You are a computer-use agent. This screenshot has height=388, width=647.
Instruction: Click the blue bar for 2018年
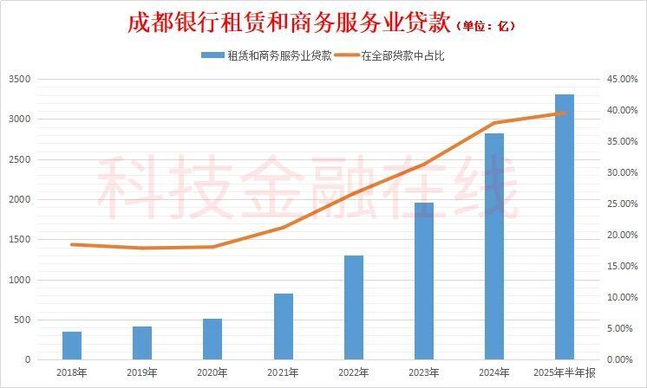pyautogui.click(x=72, y=345)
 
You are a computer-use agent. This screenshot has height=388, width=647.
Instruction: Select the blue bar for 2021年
pyautogui.click(x=283, y=326)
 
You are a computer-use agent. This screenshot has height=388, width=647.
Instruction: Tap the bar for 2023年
pyautogui.click(x=423, y=281)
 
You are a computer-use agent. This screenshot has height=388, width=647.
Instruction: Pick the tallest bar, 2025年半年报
pyautogui.click(x=564, y=226)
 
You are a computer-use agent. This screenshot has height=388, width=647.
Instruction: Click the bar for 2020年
pyautogui.click(x=212, y=339)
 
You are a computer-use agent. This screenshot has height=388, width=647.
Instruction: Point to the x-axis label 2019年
pyautogui.click(x=142, y=372)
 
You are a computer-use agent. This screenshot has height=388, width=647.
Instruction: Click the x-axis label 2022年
pyautogui.click(x=353, y=372)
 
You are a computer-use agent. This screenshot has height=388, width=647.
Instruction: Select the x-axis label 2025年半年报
pyautogui.click(x=564, y=372)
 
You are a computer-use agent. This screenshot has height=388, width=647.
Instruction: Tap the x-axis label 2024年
pyautogui.click(x=493, y=372)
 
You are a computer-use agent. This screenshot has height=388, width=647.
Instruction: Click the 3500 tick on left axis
pyautogui.click(x=19, y=80)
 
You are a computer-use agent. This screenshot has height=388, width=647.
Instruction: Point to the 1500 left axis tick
pyautogui.click(x=19, y=240)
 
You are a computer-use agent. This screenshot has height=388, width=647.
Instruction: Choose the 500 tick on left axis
pyautogui.click(x=22, y=320)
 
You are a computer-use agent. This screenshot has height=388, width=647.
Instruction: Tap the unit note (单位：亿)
pyautogui.click(x=486, y=26)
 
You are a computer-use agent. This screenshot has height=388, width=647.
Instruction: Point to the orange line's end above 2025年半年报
pyautogui.click(x=564, y=113)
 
